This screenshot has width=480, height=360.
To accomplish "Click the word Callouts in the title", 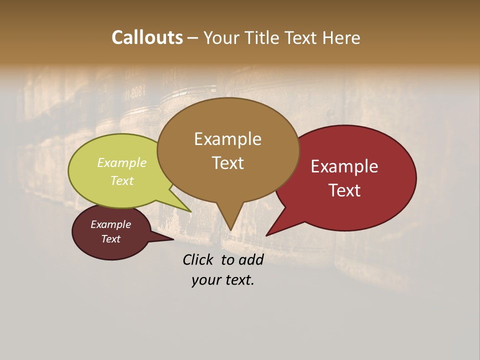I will pyautogui.click(x=147, y=37).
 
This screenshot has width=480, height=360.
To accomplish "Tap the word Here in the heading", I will pyautogui.click(x=340, y=38).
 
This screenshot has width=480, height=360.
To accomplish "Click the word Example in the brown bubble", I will pyautogui.click(x=227, y=139).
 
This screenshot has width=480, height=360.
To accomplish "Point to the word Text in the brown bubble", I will pyautogui.click(x=227, y=163).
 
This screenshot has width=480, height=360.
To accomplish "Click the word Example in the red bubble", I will pyautogui.click(x=344, y=166).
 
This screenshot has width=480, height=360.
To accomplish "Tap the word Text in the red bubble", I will pyautogui.click(x=344, y=190).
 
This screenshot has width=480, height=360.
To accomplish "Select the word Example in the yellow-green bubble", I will pyautogui.click(x=122, y=163).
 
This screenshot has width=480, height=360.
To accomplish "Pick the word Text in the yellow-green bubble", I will pyautogui.click(x=122, y=180).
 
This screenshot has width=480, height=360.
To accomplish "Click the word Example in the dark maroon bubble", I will pyautogui.click(x=110, y=224).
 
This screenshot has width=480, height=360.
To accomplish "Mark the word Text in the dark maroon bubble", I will pyautogui.click(x=110, y=239).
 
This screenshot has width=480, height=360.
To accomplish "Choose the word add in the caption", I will pyautogui.click(x=251, y=259).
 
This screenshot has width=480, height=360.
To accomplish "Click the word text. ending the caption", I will pyautogui.click(x=238, y=280).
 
